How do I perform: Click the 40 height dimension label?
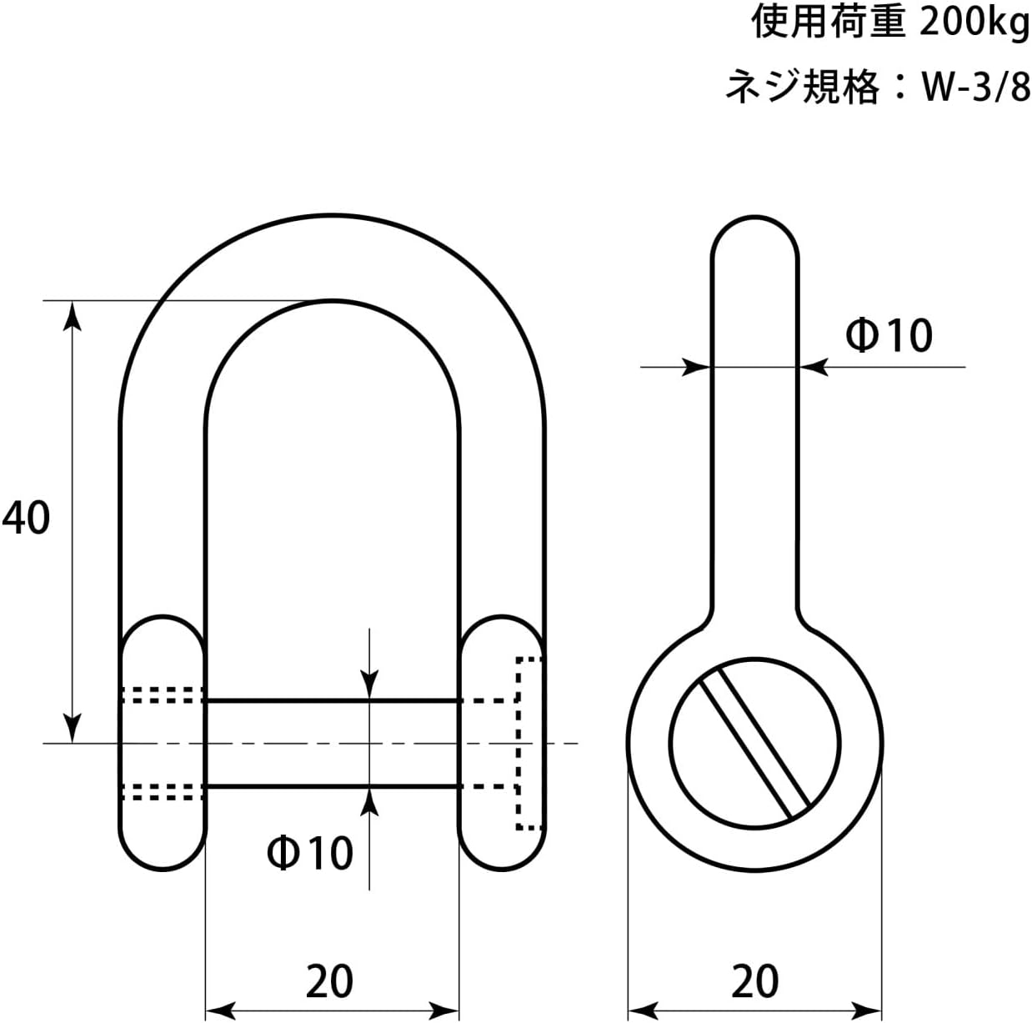pos(26,518)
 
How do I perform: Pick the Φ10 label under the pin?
pos(310,852)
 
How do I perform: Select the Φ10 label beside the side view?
pos(889,335)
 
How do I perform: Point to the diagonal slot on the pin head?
pos(754,745)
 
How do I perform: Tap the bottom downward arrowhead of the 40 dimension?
pos(73,728)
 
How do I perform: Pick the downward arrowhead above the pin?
pos(369,685)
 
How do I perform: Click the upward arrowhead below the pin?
pos(369,802)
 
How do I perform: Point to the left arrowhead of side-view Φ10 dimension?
pos(696,367)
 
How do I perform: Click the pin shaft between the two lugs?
pos(333,744)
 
